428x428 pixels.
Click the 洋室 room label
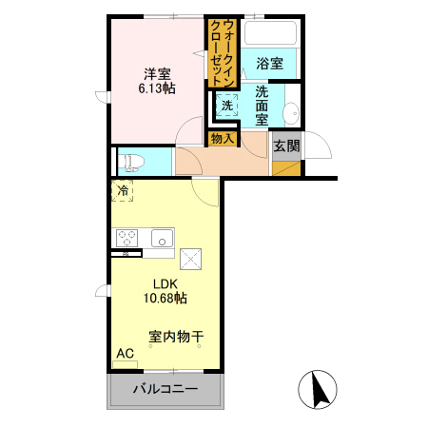[157, 74]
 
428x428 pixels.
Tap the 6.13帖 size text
[157, 88]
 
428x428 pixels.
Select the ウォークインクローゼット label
[223, 53]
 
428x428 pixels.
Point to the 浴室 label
[270, 64]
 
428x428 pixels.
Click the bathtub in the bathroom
[271, 32]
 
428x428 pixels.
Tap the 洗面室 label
[262, 106]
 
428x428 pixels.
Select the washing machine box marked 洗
[227, 106]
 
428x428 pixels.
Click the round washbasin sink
[291, 113]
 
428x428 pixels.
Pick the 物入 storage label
[223, 139]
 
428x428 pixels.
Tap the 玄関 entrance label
[286, 146]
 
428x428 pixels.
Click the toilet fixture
[130, 163]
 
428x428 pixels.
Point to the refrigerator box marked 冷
[123, 191]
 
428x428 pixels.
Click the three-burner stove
[126, 238]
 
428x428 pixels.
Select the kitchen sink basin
[162, 239]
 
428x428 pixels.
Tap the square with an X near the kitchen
[190, 260]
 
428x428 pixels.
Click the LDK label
[165, 284]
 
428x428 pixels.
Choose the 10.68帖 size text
[165, 298]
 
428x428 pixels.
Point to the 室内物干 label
[176, 337]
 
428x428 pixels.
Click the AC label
[126, 353]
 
